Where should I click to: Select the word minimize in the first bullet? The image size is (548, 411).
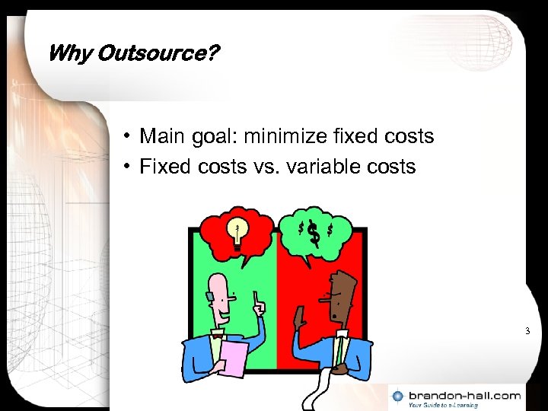coord(292,136)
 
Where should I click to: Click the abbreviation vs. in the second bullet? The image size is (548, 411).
coord(269,166)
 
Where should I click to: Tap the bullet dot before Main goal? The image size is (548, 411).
coord(130,137)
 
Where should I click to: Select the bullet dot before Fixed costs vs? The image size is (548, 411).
coord(130,167)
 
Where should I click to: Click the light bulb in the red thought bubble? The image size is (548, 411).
coord(238,232)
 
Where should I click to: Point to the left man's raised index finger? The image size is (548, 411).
coord(257,296)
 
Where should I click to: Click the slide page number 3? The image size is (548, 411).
coord(527,331)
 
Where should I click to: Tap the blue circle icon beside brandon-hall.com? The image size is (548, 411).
coord(398,397)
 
